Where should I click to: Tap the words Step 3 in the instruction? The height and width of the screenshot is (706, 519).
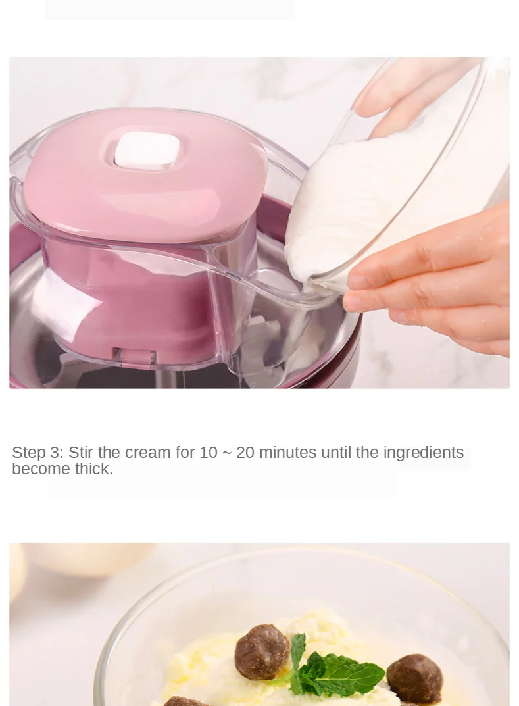[37, 453]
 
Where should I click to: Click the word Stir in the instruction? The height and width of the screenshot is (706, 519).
[81, 452]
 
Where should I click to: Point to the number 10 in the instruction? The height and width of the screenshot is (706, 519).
[209, 453]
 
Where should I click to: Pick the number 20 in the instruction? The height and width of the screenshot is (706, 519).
[245, 453]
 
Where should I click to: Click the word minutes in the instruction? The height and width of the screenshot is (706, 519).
[288, 453]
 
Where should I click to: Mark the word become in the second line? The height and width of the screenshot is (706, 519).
[41, 469]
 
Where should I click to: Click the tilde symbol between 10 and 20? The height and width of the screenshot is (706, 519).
[227, 453]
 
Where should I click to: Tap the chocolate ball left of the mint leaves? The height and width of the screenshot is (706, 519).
[262, 651]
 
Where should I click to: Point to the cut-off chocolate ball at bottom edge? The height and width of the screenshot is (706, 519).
[185, 701]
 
